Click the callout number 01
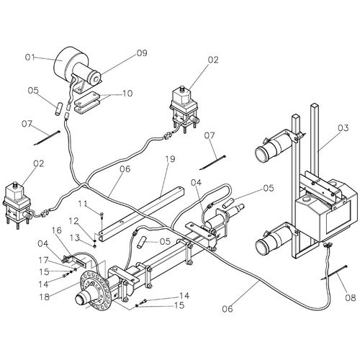tap(30, 58)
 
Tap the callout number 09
tap(142, 53)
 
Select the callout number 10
tap(127, 94)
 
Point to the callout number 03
tap(343, 128)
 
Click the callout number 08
tap(351, 298)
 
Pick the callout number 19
tap(170, 159)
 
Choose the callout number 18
tap(45, 297)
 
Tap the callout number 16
tap(57, 230)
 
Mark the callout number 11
tap(83, 204)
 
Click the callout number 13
tap(75, 238)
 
